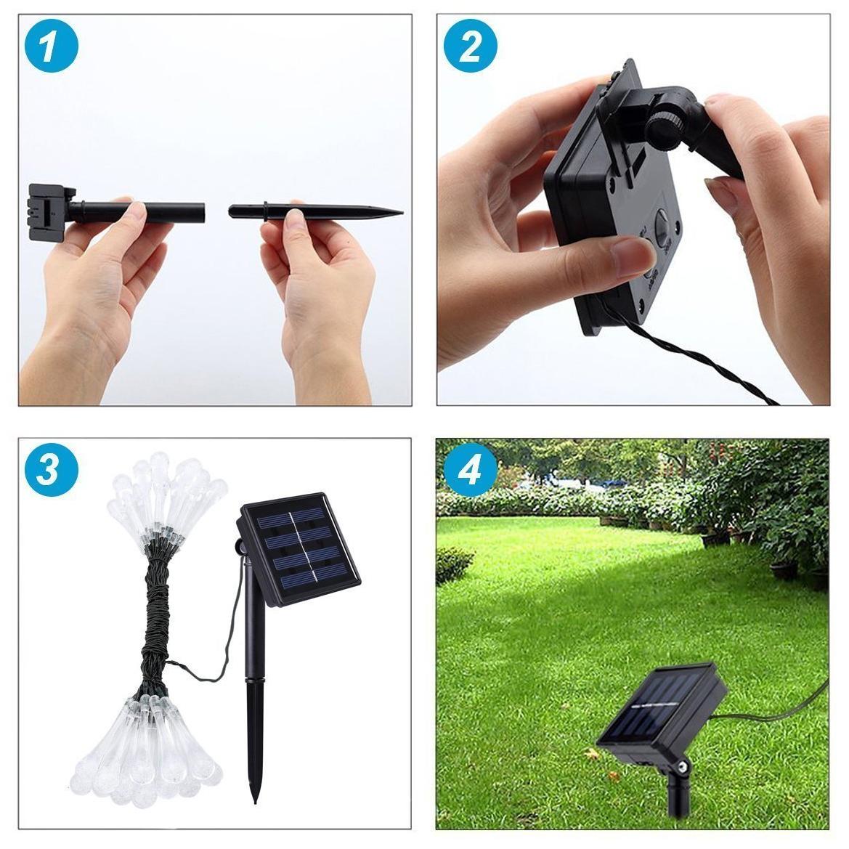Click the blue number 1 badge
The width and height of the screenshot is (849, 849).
pyautogui.click(x=52, y=46)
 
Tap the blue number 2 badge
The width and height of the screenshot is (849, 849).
pyautogui.click(x=470, y=46)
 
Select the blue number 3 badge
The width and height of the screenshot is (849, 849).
pyautogui.click(x=52, y=469)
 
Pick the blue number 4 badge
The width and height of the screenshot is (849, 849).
pyautogui.click(x=470, y=469)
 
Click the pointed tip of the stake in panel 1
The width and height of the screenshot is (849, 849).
pyautogui.click(x=401, y=212)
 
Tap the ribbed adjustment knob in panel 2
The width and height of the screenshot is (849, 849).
pyautogui.click(x=663, y=129)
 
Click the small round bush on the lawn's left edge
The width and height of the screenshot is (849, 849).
pyautogui.click(x=454, y=564)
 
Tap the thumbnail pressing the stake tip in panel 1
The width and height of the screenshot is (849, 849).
pyautogui.click(x=296, y=219)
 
